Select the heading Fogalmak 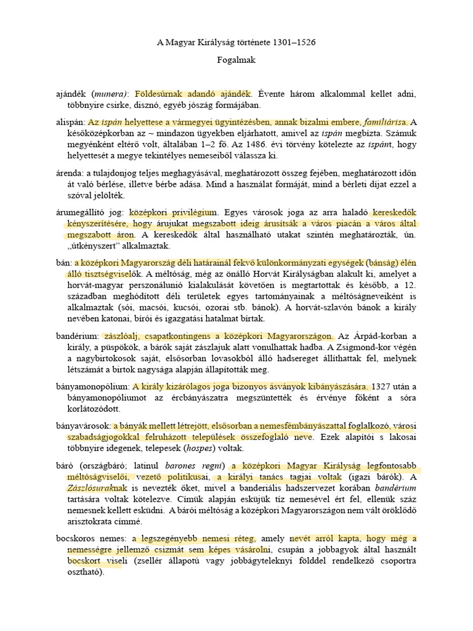pyautogui.click(x=236, y=60)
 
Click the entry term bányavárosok pyautogui.click(x=83, y=426)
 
